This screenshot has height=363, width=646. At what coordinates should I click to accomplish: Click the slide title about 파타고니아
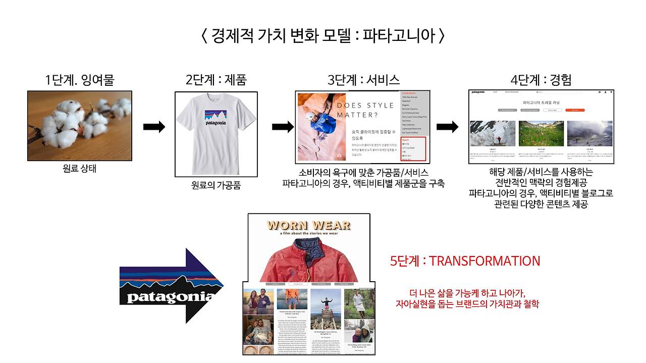click(323, 36)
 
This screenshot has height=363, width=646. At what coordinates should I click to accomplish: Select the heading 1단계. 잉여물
click(79, 80)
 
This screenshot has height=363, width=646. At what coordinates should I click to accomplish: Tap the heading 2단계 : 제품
click(216, 80)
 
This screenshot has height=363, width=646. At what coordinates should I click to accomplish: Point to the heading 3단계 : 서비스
click(363, 80)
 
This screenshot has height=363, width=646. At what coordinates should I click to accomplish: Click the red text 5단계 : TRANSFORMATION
click(465, 261)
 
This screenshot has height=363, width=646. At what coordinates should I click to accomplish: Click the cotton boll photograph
click(80, 126)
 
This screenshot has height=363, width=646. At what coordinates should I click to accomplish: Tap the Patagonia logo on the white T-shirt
click(216, 118)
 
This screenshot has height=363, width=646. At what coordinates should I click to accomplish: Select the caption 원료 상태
click(79, 169)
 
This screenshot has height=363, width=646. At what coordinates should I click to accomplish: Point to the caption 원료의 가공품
click(216, 185)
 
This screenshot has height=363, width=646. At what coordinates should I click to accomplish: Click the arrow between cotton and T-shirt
click(154, 127)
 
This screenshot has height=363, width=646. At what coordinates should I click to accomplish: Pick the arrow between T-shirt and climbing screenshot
click(283, 127)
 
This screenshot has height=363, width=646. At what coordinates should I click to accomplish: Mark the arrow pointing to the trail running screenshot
click(447, 127)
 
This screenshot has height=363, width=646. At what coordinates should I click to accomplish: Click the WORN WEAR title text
click(309, 225)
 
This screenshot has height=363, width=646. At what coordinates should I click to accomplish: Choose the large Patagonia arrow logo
click(169, 286)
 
